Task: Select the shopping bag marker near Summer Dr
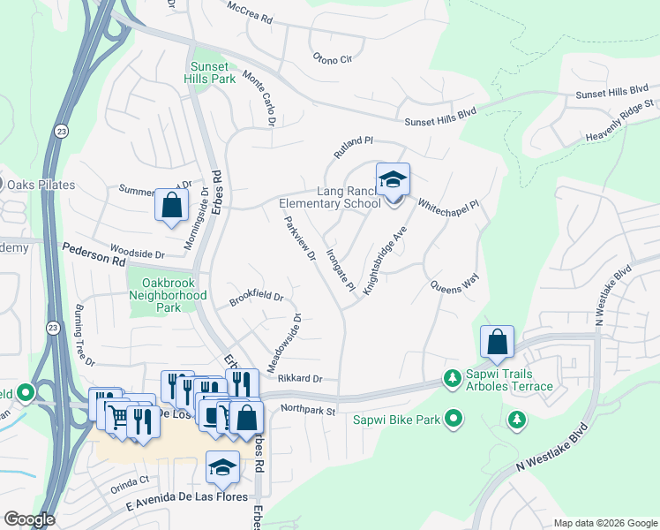coord(172,205)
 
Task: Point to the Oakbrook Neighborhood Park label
coord(168,295)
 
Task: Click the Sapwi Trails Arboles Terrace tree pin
coord(453,378)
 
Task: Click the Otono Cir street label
coord(332,58)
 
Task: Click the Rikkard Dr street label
coord(301,379)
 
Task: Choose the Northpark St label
coord(309,410)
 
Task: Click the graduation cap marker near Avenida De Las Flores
coord(222,467)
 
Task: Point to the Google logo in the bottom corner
coord(29,519)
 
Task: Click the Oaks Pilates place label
coord(41,185)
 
